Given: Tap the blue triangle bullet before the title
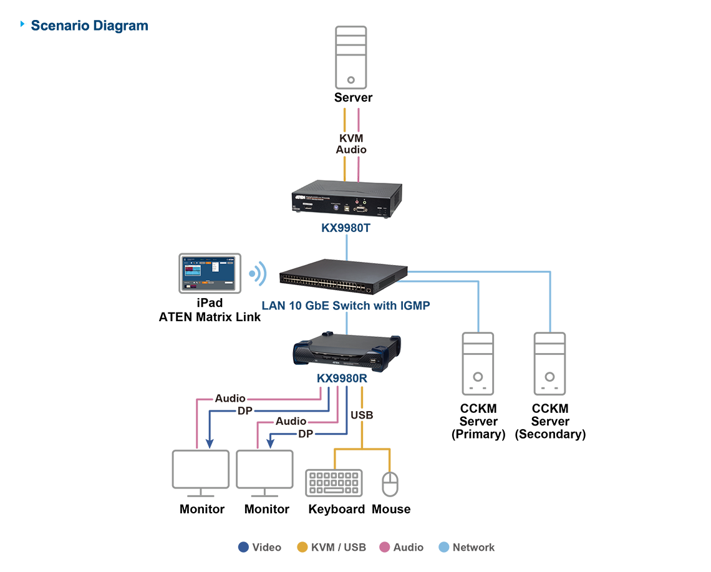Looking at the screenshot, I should pos(23,24).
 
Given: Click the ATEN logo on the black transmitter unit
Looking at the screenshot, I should pos(306,195).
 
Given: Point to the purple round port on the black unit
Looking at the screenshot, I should pos(335,207).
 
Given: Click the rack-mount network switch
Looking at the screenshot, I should pos(344,277).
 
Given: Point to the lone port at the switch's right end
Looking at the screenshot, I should pos(370,289).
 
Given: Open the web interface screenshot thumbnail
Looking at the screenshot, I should pos(208,273).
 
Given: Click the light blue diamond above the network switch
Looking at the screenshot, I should pos(344,251).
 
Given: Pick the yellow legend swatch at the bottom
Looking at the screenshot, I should pos(299,540).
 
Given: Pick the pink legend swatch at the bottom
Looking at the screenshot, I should pos(382,540).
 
